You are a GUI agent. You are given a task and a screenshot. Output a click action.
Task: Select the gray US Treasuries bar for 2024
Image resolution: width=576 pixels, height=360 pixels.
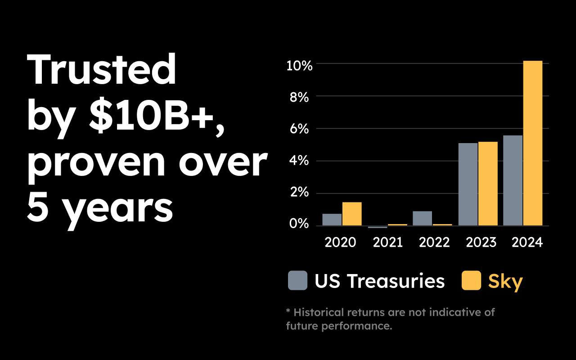pyautogui.click(x=513, y=180)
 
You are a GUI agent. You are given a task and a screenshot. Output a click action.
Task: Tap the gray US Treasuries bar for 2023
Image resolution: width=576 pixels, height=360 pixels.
pyautogui.click(x=468, y=184)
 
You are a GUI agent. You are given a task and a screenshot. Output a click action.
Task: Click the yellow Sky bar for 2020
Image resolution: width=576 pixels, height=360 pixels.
pyautogui.click(x=352, y=214)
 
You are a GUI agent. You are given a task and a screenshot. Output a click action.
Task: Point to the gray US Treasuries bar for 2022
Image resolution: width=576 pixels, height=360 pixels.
pyautogui.click(x=422, y=218)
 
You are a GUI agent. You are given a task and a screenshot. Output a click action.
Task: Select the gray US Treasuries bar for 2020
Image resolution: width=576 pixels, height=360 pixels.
pyautogui.click(x=332, y=220)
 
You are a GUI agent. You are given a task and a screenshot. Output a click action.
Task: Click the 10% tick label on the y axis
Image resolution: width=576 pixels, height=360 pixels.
pyautogui.click(x=299, y=66)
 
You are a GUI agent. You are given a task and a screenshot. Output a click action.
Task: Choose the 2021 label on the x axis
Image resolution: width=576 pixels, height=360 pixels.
pyautogui.click(x=387, y=243)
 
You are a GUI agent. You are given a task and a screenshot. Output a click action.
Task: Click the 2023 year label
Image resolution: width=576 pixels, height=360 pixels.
pyautogui.click(x=481, y=243)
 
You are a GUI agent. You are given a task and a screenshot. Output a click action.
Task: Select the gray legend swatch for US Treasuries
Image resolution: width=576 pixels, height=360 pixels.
pyautogui.click(x=297, y=281)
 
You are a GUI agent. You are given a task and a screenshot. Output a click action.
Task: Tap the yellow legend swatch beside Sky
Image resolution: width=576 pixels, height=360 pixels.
pyautogui.click(x=471, y=281)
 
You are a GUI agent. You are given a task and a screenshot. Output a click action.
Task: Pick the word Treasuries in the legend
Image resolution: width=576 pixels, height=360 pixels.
pyautogui.click(x=396, y=281)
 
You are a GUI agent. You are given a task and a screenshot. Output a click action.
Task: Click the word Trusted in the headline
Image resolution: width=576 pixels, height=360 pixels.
pyautogui.click(x=102, y=70)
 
